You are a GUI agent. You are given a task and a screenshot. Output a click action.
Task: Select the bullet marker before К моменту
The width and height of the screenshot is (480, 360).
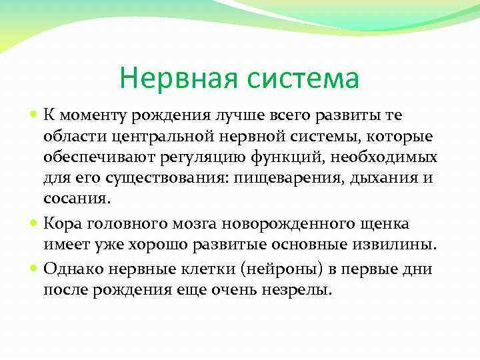coord(34,115)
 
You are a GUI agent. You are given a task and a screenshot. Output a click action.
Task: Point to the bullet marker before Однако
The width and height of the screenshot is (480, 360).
coord(34,269)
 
